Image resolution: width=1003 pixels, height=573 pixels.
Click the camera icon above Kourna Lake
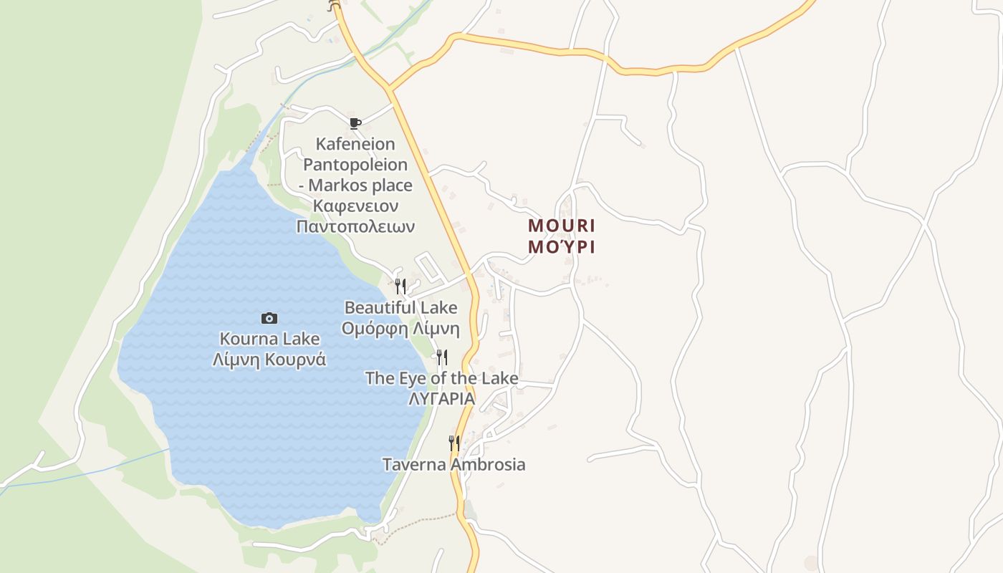point(269,318)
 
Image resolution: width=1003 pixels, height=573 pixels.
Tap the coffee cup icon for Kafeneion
point(355,123)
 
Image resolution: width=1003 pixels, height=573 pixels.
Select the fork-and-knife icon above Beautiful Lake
point(400,286)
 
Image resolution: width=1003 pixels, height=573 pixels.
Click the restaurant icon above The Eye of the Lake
point(442,357)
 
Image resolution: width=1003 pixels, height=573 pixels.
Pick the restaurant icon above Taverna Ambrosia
point(453,443)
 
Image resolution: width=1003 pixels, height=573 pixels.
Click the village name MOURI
point(562,226)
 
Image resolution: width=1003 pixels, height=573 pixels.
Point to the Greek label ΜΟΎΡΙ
point(562,247)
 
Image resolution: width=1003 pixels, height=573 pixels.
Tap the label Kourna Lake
point(269,339)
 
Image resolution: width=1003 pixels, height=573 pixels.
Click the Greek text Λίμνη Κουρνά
point(269,360)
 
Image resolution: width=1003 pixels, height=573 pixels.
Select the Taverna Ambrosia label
point(453,464)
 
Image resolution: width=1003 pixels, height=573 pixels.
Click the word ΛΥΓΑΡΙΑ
point(441,399)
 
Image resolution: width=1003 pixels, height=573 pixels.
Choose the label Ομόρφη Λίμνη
point(400,329)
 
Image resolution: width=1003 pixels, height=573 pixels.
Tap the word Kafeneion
point(355,145)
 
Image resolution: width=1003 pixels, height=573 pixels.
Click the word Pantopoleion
point(355,165)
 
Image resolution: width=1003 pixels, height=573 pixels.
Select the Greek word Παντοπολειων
point(355,226)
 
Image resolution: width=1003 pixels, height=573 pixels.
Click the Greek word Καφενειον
point(355,206)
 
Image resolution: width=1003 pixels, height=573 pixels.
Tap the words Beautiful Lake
point(400,308)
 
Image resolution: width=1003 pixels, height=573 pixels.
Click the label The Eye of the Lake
point(441,378)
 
